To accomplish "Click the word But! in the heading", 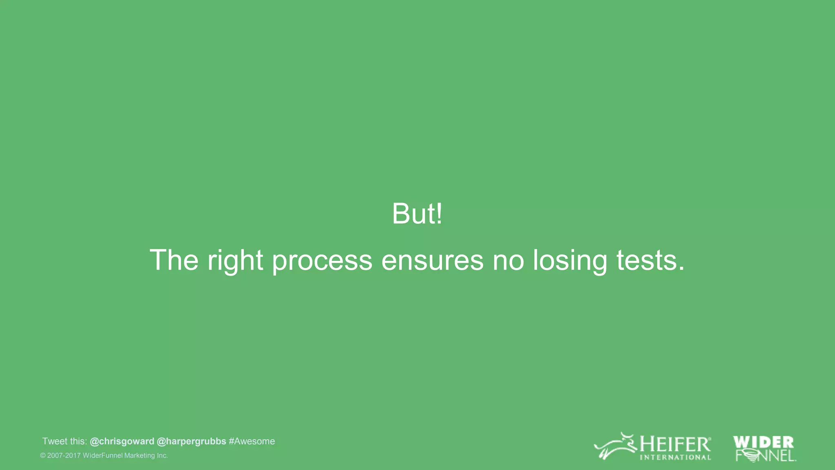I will click(417, 214).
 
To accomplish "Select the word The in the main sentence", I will click(174, 260).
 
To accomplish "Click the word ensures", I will click(432, 260).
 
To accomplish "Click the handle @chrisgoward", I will click(122, 441).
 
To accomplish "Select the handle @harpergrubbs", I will click(191, 441).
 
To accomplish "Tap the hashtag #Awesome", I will click(252, 441).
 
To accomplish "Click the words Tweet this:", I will click(64, 441).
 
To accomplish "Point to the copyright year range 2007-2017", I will click(64, 456).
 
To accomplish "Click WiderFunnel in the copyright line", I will click(102, 456).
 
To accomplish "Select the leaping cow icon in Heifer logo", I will click(615, 447).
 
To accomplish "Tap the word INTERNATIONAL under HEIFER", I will click(675, 457).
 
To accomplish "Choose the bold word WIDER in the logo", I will click(763, 442).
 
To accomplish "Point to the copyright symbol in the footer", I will click(43, 456).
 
